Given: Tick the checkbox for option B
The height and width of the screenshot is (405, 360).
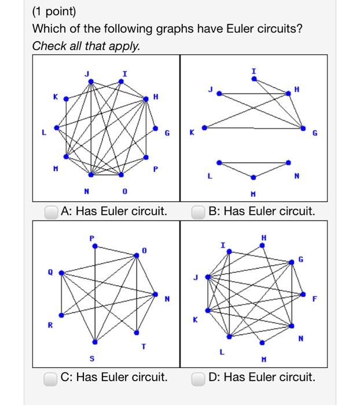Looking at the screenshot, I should point(199,212).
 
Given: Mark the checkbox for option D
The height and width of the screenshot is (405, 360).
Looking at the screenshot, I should point(199,378).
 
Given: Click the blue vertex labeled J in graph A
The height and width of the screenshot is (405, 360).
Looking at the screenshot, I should point(91,81).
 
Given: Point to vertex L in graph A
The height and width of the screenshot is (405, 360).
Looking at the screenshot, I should point(56,128).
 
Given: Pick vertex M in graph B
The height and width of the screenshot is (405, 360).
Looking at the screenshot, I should point(253,177).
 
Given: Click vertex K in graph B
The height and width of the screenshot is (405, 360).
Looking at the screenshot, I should point(203,128).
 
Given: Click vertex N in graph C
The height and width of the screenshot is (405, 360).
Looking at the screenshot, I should point(155,294).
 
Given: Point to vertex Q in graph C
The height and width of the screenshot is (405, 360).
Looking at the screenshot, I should point(60,273).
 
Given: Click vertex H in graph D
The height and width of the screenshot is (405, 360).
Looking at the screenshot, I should point(262,245).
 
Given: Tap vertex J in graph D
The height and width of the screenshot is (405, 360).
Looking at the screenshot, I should point(207,277).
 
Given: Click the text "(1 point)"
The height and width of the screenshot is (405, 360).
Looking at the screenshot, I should point(54,12).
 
